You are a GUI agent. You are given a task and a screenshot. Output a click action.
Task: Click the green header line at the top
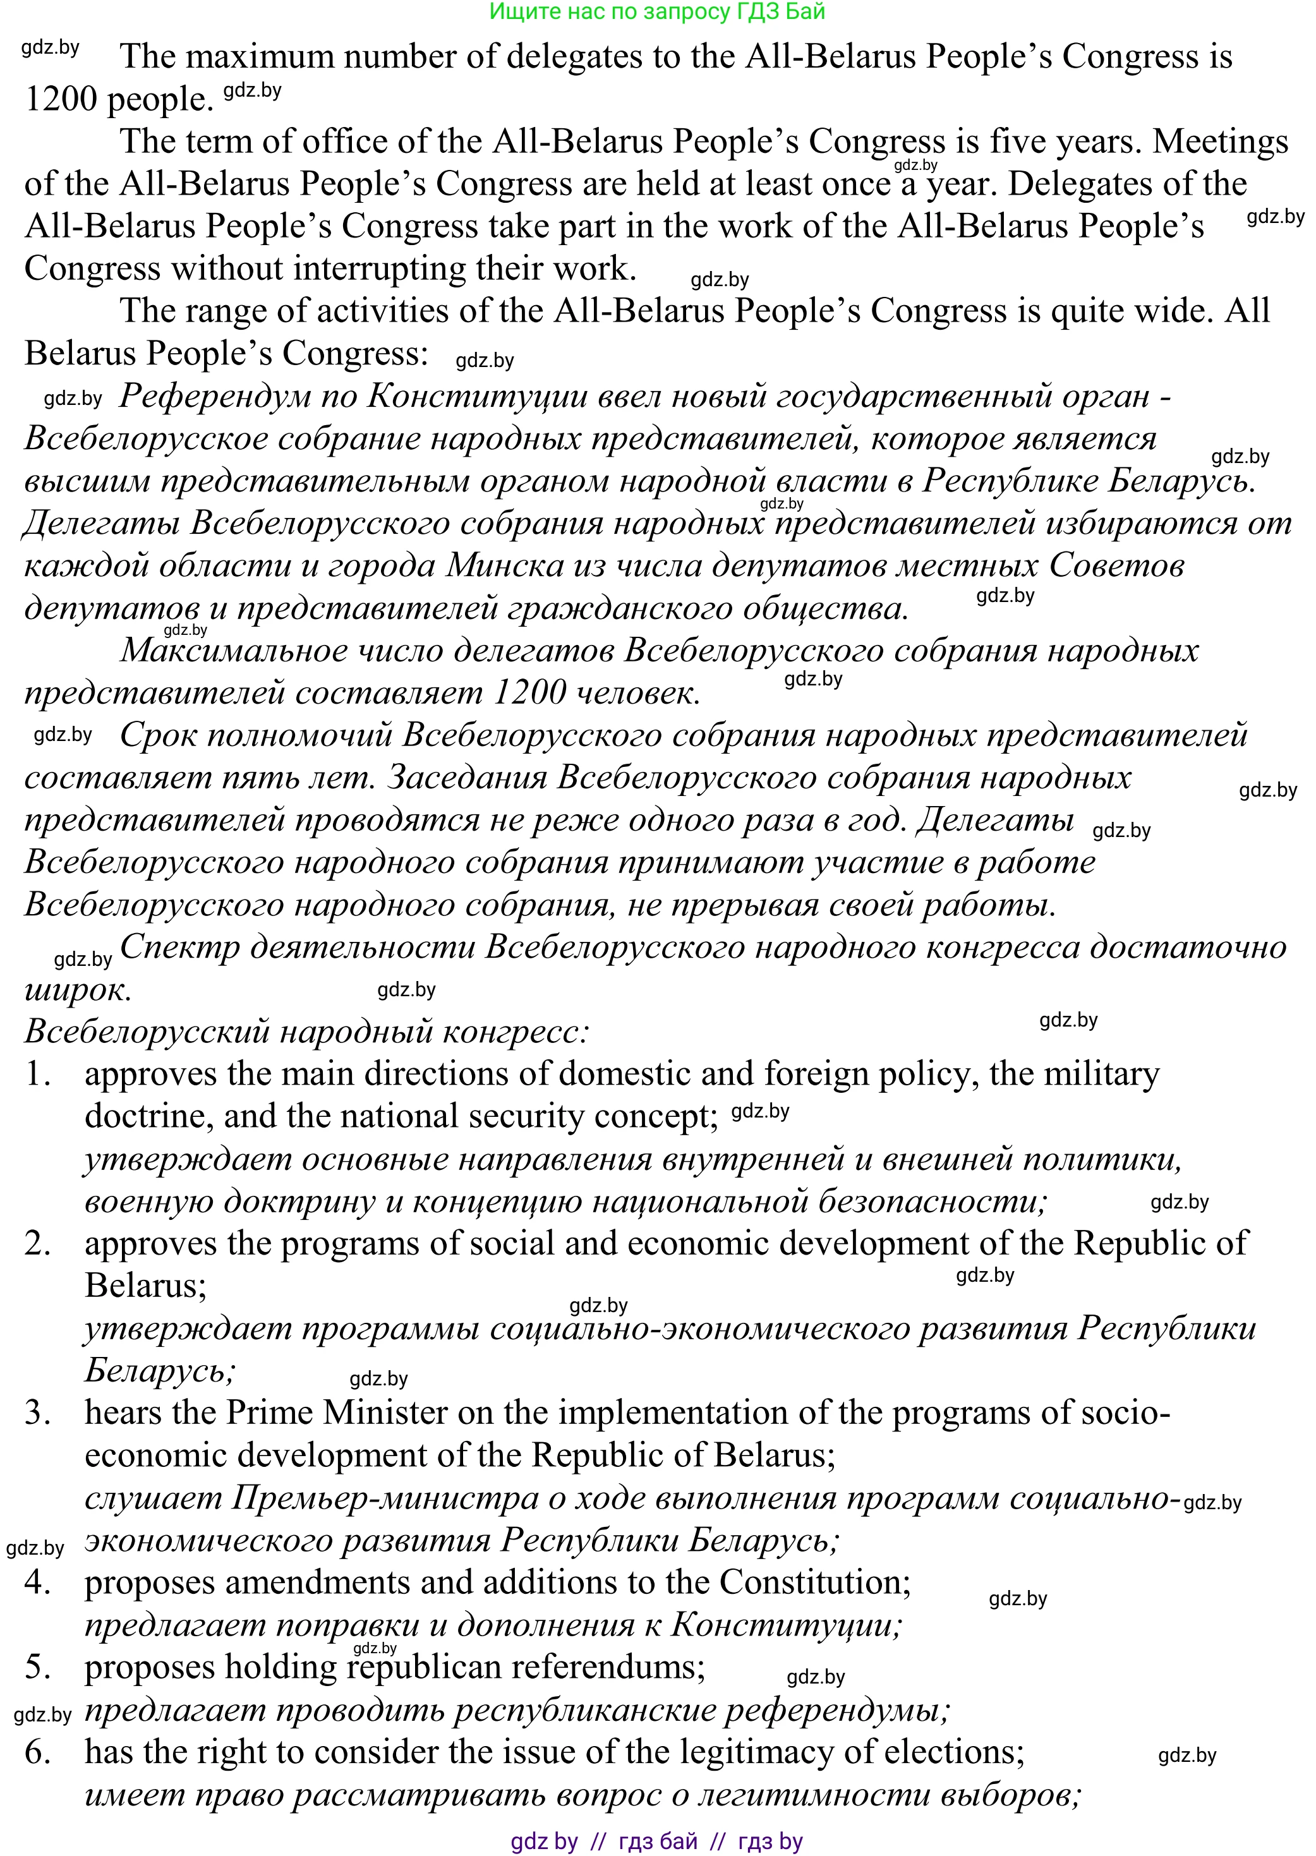pyautogui.click(x=657, y=12)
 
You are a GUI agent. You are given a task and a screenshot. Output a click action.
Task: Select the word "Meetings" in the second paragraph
pyautogui.click(x=1219, y=142)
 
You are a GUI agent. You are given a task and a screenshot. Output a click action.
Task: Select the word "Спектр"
pyautogui.click(x=179, y=947)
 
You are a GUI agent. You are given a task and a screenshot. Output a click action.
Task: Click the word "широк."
pyautogui.click(x=78, y=989)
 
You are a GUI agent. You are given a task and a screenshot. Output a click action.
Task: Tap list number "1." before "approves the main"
pyautogui.click(x=38, y=1074)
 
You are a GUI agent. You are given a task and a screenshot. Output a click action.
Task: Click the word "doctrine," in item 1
pyautogui.click(x=148, y=1116)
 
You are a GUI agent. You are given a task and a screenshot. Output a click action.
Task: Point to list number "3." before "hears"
pyautogui.click(x=38, y=1413)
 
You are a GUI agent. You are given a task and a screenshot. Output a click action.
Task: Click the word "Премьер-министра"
pyautogui.click(x=385, y=1498)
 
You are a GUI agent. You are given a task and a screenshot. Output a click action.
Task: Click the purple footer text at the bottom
pyautogui.click(x=656, y=1841)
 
